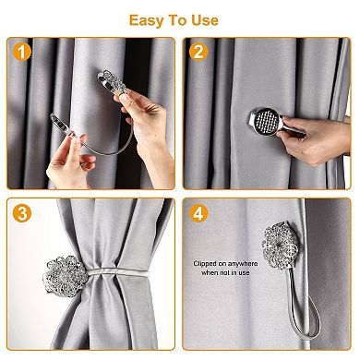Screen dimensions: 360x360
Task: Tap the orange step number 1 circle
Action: [19, 52]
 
